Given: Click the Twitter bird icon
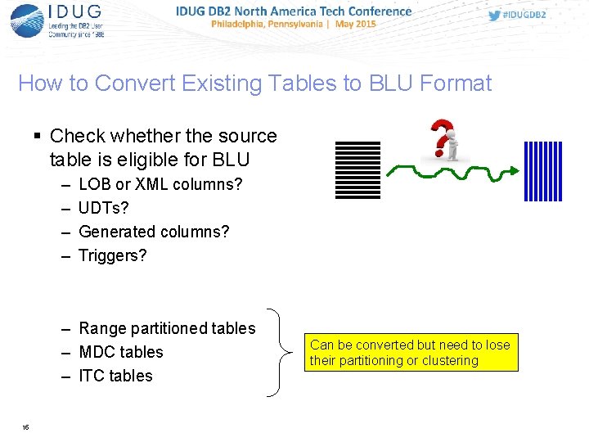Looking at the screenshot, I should pyautogui.click(x=495, y=16).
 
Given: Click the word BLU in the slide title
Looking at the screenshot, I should pyautogui.click(x=388, y=83).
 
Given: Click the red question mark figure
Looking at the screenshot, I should pyautogui.click(x=443, y=139).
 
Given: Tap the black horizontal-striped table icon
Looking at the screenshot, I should pyautogui.click(x=357, y=170).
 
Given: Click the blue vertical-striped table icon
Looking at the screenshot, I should pyautogui.click(x=543, y=170).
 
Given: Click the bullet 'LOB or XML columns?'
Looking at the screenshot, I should pyautogui.click(x=160, y=184).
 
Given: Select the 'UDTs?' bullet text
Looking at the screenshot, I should pyautogui.click(x=104, y=208).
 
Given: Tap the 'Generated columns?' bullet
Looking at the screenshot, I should pyautogui.click(x=154, y=232).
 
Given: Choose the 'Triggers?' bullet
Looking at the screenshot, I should pyautogui.click(x=112, y=255).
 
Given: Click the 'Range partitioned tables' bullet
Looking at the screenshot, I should pyautogui.click(x=167, y=328).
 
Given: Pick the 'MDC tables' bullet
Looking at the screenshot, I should pyautogui.click(x=121, y=352).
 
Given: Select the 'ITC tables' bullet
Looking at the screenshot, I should pyautogui.click(x=115, y=376).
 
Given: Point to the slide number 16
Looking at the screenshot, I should pyautogui.click(x=26, y=427).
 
